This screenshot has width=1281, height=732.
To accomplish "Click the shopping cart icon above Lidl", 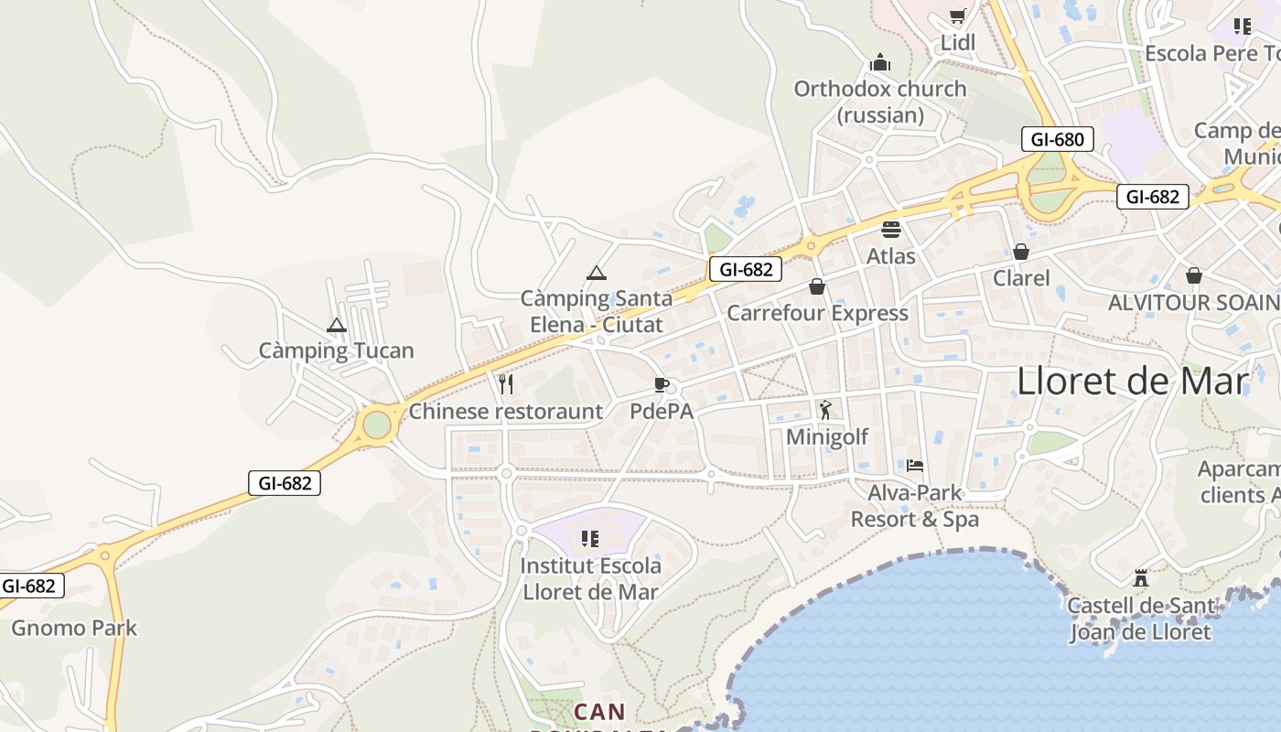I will (957, 16).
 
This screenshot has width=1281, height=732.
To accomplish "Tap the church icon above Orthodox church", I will (880, 62).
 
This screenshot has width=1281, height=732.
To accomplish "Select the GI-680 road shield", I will (1058, 139).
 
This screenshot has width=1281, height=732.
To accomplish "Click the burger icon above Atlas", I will (891, 229).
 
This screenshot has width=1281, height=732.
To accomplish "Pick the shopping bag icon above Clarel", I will (1021, 251).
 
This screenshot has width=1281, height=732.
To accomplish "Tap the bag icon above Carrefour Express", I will (817, 286).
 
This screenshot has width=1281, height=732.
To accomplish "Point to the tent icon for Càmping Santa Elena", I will (597, 273).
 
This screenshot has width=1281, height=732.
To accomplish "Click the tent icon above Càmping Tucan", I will (337, 325).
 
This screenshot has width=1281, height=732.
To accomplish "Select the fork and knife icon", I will (506, 383).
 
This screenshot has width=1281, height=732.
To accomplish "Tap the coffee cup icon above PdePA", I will (662, 384).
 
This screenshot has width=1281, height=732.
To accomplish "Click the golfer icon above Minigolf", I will (826, 410).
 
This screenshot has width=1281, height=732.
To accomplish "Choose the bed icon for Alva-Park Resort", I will (915, 466).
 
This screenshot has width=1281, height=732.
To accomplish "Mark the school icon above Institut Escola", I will (590, 538).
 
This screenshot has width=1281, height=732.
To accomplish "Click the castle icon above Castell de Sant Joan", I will (1140, 578).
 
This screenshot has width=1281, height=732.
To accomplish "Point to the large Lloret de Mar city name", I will (1133, 381).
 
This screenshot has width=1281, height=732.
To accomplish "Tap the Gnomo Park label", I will (74, 628).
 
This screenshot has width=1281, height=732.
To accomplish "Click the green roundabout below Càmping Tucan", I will (376, 425).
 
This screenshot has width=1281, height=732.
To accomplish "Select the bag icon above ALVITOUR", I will (1194, 274).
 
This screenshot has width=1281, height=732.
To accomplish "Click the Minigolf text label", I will (827, 436).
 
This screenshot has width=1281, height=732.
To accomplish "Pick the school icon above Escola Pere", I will (1242, 26).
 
